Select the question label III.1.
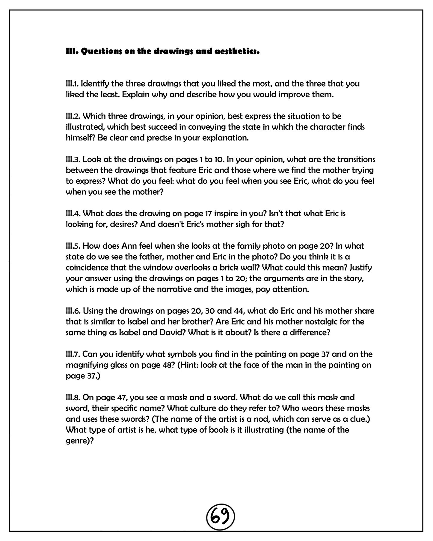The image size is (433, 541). click(72, 83)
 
